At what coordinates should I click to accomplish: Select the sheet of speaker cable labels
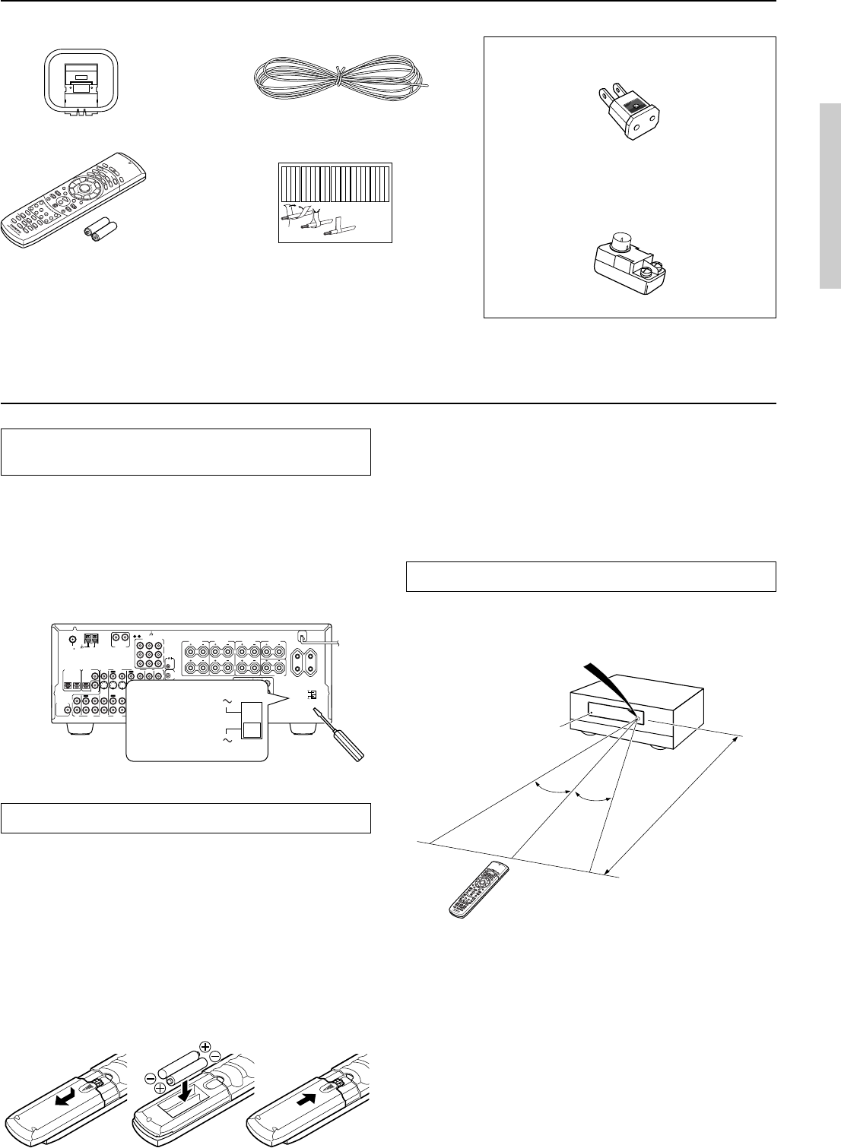(x=335, y=201)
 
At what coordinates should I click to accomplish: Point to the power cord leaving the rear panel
(x=323, y=639)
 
